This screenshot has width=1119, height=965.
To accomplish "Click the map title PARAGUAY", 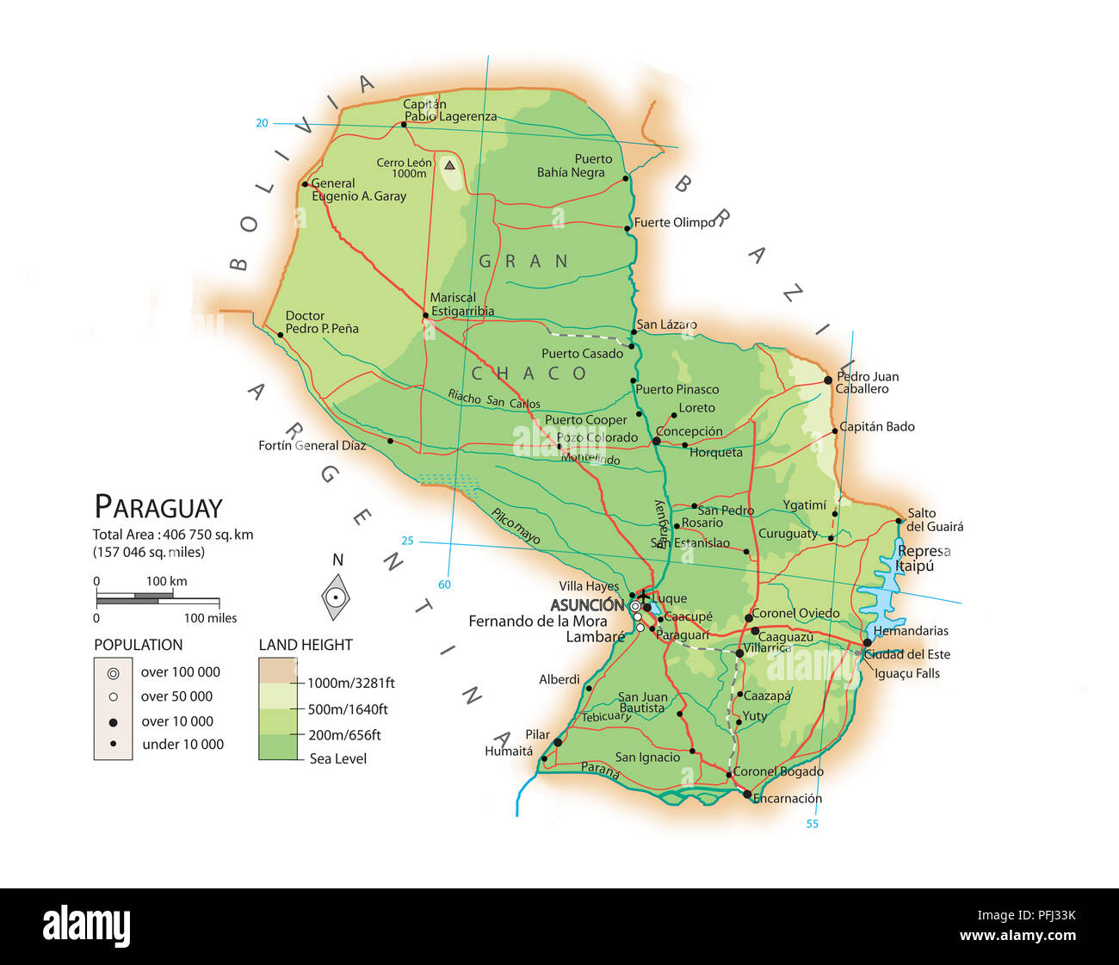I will click(x=158, y=507).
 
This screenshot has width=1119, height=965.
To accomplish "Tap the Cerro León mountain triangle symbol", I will click(x=449, y=164).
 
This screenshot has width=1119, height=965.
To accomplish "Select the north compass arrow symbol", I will click(x=337, y=596).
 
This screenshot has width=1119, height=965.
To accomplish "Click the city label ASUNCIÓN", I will click(x=586, y=605).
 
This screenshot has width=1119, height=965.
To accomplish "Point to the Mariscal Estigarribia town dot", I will click(x=425, y=316).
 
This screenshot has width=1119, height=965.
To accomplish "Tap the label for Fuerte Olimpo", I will click(x=675, y=223).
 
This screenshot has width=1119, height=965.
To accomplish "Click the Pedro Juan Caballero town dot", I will click(x=828, y=380).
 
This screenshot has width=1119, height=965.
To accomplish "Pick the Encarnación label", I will click(x=787, y=799).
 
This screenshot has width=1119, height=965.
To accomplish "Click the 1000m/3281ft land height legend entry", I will click(x=350, y=684).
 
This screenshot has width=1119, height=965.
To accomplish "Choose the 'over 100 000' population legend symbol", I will click(x=113, y=673).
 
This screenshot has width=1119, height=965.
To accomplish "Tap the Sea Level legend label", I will click(x=337, y=759).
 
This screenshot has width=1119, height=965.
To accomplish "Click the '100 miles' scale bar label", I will click(x=210, y=618).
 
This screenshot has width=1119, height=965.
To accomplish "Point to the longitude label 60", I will click(x=444, y=585).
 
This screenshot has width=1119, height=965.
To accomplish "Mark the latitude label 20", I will click(x=262, y=123).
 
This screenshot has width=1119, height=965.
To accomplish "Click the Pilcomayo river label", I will click(x=516, y=526).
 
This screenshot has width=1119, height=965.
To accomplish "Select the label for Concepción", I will click(x=689, y=431).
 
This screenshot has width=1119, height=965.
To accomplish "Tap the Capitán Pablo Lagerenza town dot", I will click(x=404, y=124).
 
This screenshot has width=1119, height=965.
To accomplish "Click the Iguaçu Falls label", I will click(x=906, y=674).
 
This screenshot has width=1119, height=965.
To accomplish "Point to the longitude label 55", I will click(x=812, y=825).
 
